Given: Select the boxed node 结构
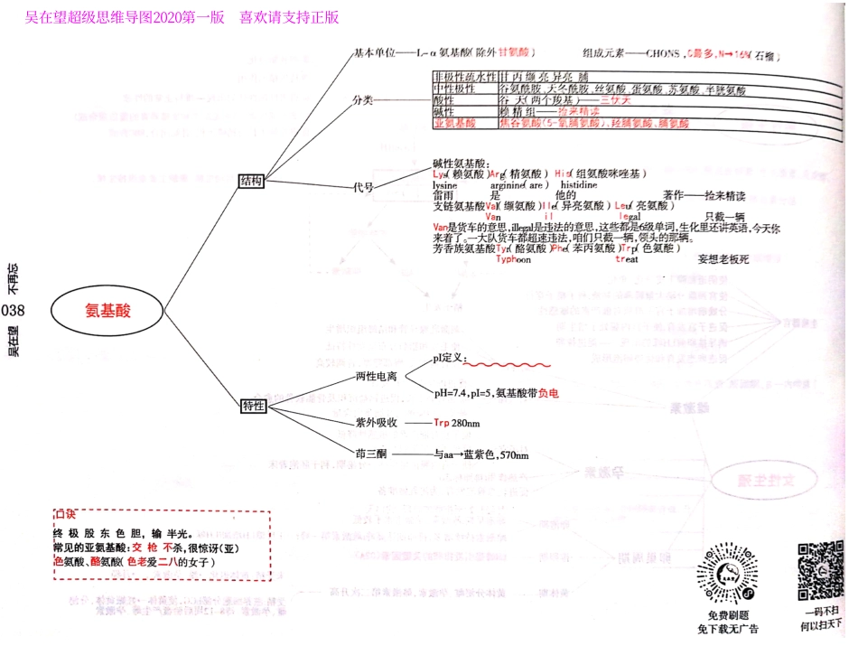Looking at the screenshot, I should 251,182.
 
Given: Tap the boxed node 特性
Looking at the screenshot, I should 253,406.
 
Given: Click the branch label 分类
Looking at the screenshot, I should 362,100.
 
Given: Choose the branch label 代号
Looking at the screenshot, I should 363,187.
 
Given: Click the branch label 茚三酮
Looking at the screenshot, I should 370,454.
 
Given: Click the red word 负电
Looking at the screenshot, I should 548,394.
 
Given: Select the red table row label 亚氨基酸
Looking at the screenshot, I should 454,123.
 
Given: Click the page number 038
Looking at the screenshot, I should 14,311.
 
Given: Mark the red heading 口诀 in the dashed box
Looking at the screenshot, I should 65,515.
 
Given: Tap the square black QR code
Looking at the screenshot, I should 819,572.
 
